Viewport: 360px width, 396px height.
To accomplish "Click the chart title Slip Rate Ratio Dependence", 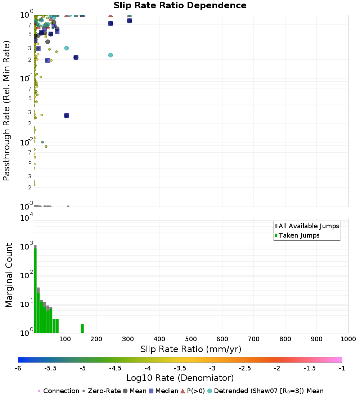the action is (180, 5).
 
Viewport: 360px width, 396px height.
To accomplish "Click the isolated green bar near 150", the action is (82, 329).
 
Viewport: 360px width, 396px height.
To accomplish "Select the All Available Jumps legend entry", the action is (307, 226).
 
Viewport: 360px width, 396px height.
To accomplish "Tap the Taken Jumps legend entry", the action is (297, 235).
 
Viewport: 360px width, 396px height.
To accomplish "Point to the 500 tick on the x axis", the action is (191, 339).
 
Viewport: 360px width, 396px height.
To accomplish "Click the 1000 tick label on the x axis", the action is (348, 339).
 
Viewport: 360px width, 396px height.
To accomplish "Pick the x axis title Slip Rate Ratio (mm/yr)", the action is (191, 349).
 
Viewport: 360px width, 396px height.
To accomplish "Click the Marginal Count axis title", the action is (9, 275).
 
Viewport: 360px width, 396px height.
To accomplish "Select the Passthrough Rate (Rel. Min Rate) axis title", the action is (6, 111).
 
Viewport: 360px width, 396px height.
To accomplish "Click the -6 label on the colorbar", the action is (18, 368).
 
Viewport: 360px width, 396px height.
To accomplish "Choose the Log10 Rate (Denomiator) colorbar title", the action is (180, 378).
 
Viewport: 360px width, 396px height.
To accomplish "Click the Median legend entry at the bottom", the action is (164, 391).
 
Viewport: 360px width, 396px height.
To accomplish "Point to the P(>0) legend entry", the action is (193, 391).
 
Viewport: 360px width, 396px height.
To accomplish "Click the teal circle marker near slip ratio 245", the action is (111, 55).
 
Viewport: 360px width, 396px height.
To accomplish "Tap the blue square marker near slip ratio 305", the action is (129, 21).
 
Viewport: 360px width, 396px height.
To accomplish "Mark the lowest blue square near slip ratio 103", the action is (67, 116).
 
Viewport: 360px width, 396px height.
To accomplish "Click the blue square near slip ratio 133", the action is (76, 57).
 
